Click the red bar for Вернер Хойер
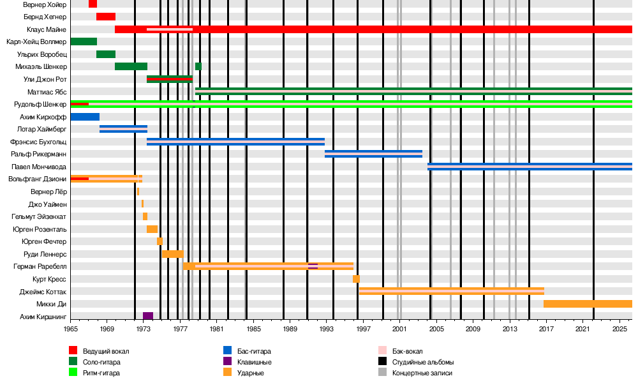tap(93, 4)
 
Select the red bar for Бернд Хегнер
tap(106, 17)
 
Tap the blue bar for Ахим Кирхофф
tap(85, 117)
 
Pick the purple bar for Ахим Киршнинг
tap(148, 316)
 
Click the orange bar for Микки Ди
tap(588, 304)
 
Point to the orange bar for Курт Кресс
tap(356, 279)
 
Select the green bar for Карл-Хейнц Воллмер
tap(84, 41)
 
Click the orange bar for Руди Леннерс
tap(172, 254)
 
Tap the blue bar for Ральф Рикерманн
tap(373, 154)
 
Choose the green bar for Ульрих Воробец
tap(106, 54)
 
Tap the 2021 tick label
tap(583, 329)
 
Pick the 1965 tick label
tap(71, 329)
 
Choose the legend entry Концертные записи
tap(422, 373)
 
